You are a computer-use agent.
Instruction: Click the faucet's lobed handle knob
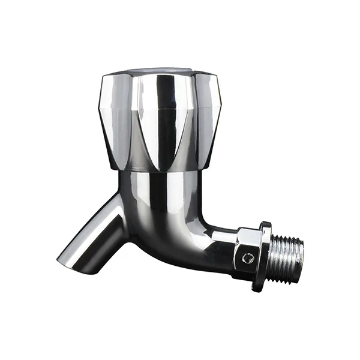[159, 120]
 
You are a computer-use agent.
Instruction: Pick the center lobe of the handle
[162, 120]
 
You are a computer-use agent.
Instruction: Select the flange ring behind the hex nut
[263, 255]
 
